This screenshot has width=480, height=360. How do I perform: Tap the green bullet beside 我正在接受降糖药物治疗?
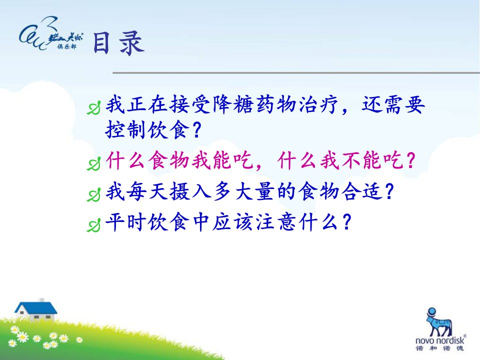click(93, 108)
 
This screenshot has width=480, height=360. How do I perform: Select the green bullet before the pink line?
click(93, 164)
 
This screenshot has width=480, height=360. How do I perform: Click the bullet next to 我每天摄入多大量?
click(93, 194)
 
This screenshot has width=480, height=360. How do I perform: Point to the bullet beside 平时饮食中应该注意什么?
click(93, 225)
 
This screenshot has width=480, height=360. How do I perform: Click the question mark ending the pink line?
click(411, 160)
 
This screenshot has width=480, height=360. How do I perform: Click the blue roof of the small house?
click(36, 307)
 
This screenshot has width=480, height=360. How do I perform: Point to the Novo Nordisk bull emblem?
click(439, 322)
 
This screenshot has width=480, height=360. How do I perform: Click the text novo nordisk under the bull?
click(440, 340)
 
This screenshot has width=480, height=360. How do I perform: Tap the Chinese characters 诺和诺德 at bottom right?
click(440, 348)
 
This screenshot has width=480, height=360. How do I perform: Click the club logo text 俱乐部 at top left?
click(66, 46)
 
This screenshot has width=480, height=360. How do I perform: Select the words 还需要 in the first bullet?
click(393, 104)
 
